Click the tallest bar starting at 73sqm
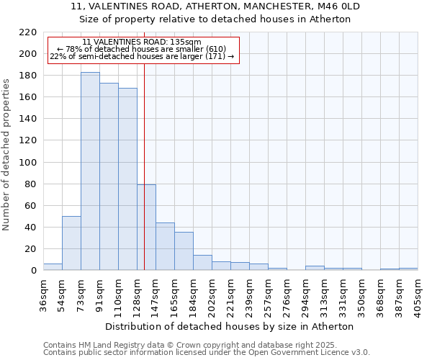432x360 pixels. click(x=90, y=171)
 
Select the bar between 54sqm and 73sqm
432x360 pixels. click(x=71, y=243)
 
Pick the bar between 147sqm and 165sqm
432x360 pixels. click(x=165, y=247)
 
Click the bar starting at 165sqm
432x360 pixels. click(x=184, y=251)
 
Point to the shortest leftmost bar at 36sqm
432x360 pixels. click(x=53, y=267)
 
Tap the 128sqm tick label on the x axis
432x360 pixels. click(x=138, y=294)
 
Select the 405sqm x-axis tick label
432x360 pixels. click(x=418, y=294)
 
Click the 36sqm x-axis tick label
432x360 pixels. click(x=44, y=294)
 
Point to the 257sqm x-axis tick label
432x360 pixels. click(x=269, y=294)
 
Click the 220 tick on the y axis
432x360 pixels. click(x=28, y=32)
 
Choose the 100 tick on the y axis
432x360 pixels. click(x=28, y=163)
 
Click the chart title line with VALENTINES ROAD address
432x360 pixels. click(x=215, y=6)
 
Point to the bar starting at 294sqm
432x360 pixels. click(x=315, y=269)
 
